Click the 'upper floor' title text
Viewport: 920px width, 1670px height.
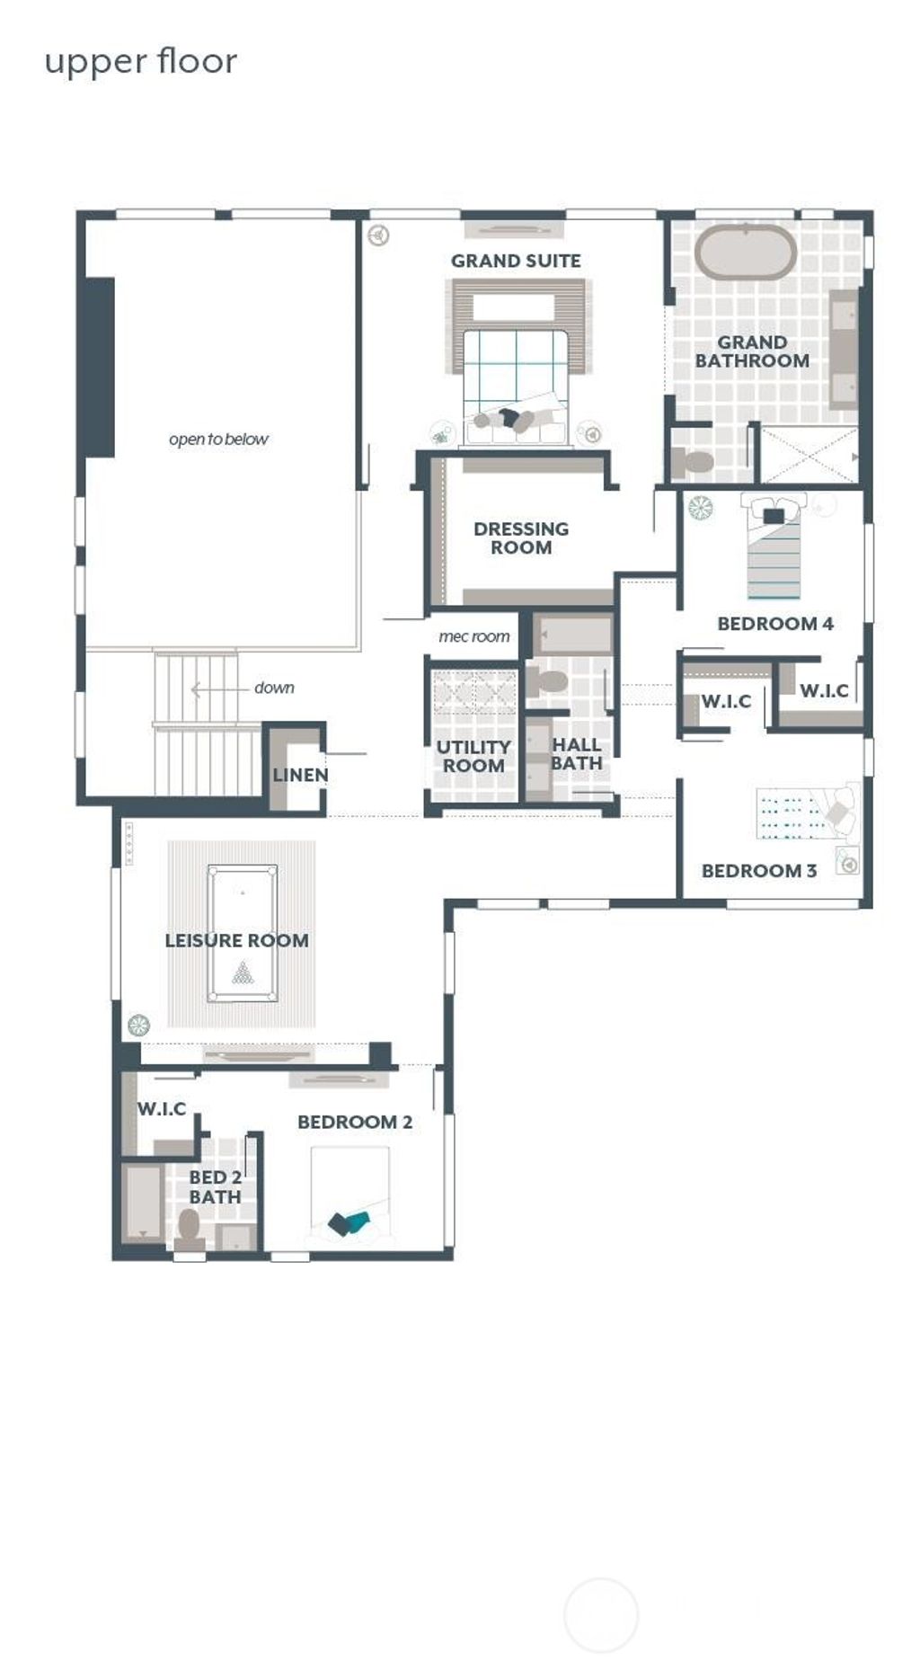(141, 62)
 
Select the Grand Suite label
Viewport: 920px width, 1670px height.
(516, 261)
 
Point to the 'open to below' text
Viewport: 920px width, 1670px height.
(218, 440)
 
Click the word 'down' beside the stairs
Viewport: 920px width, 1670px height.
(274, 688)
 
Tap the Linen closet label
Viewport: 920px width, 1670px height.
(300, 775)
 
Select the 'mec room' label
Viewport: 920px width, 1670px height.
(473, 636)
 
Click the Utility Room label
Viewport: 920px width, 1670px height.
(473, 756)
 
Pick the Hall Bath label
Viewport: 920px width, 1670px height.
(576, 753)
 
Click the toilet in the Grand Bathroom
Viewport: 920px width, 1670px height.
(693, 462)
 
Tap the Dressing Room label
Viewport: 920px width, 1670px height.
(521, 537)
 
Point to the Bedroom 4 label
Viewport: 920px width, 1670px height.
(774, 623)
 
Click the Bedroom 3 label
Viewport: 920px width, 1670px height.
(758, 870)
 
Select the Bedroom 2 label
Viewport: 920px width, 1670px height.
(354, 1122)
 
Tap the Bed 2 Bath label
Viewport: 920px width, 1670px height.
(215, 1186)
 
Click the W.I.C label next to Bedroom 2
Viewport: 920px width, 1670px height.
(162, 1108)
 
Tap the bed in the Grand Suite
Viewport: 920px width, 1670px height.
(517, 382)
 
